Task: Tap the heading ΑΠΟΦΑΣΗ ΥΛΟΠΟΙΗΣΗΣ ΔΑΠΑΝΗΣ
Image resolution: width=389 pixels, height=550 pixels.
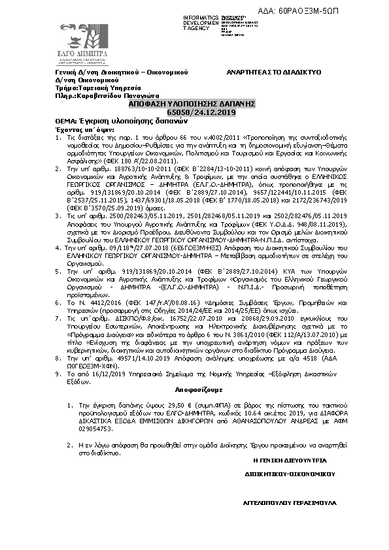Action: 192,104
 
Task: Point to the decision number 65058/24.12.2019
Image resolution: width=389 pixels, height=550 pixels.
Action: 192,113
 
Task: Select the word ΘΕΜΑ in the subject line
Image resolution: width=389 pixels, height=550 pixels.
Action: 64,121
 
